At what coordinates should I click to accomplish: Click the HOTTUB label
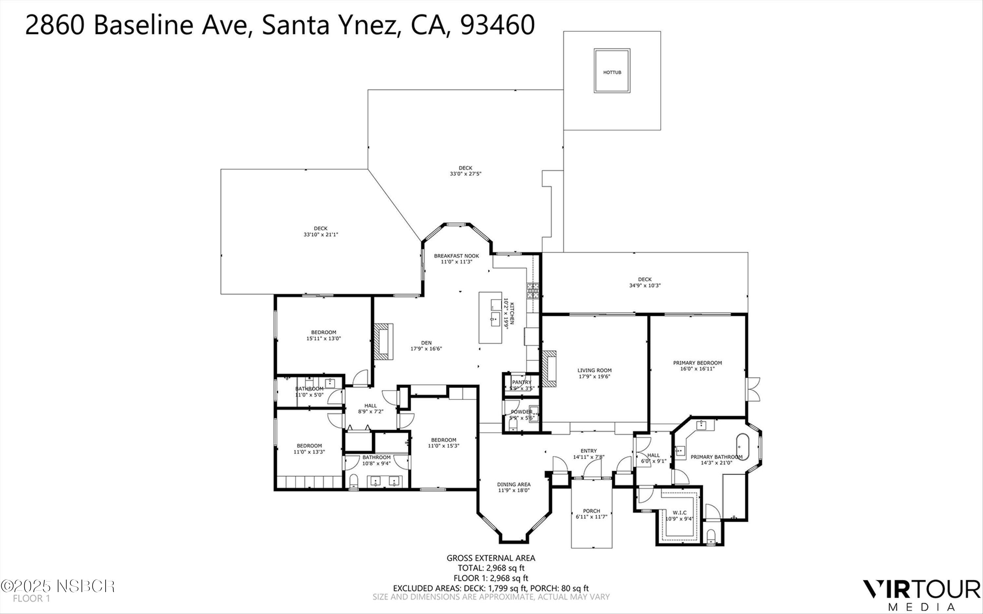[612, 72]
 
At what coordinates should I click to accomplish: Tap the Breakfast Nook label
[456, 256]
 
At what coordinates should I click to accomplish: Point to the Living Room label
[594, 370]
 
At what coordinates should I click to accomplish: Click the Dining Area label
[513, 484]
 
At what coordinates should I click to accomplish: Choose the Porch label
[591, 511]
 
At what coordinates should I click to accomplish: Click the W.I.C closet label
[679, 512]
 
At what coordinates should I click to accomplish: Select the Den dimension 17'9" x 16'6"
[426, 348]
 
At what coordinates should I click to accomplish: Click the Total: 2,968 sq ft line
[491, 568]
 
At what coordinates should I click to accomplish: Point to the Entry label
[588, 451]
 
